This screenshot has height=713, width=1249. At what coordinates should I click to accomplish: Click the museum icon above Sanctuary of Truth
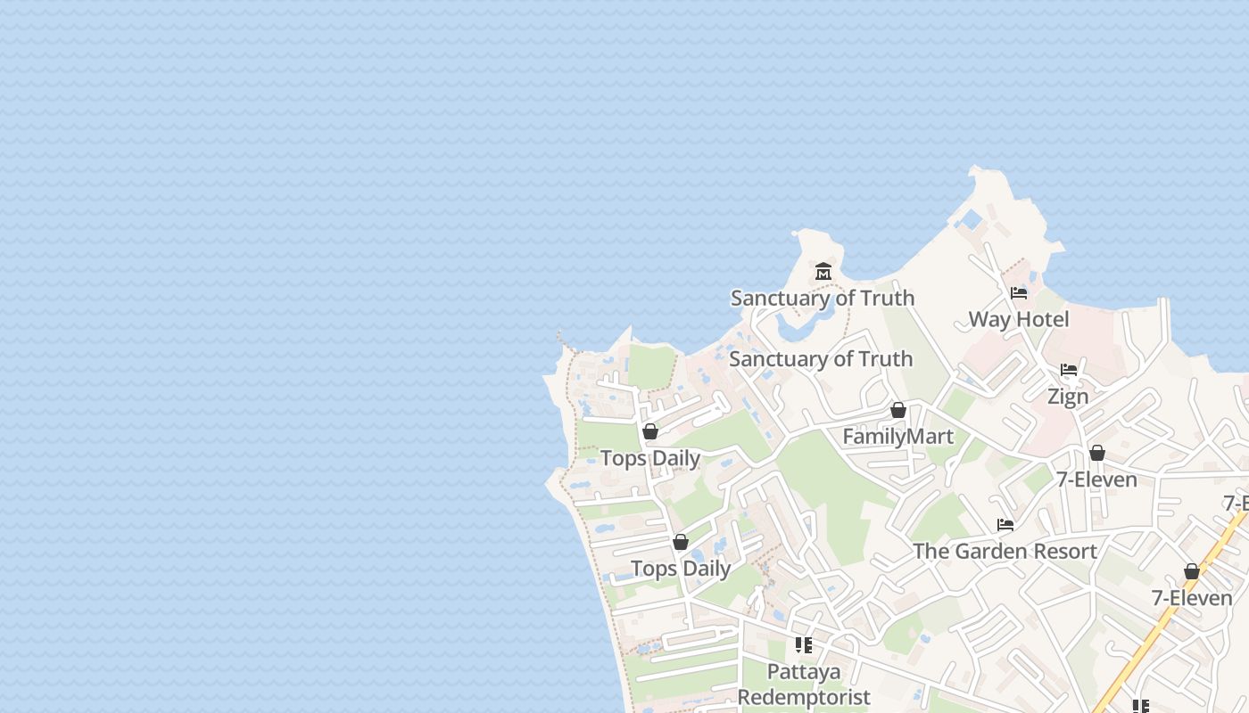click(x=823, y=271)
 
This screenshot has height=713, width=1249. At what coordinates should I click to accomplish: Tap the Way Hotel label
click(x=1018, y=319)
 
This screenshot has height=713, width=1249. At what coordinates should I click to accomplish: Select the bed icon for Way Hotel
click(x=1019, y=293)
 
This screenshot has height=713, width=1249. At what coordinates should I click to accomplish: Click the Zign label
click(x=1068, y=397)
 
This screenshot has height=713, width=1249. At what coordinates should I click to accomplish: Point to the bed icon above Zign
click(x=1069, y=370)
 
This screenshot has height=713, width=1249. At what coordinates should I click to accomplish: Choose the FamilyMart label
click(x=897, y=437)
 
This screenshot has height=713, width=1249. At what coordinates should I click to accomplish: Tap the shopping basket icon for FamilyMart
click(x=898, y=410)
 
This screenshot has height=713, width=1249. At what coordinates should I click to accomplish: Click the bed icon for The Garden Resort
click(x=1005, y=525)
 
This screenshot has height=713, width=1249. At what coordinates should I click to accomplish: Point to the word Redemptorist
click(x=803, y=697)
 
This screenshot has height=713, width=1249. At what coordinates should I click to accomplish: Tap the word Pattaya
click(x=803, y=671)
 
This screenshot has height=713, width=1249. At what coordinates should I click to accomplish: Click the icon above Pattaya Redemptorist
click(x=804, y=644)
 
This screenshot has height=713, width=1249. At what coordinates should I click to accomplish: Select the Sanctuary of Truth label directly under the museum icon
click(x=822, y=298)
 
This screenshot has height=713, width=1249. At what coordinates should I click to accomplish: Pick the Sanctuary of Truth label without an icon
click(x=821, y=359)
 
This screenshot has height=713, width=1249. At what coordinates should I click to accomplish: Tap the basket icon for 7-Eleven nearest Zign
click(x=1097, y=453)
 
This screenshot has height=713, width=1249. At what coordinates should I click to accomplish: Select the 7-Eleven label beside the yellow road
click(x=1192, y=598)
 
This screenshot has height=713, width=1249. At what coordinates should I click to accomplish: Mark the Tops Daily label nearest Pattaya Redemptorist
click(x=681, y=569)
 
